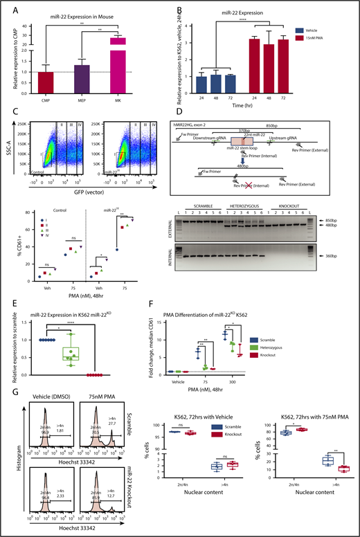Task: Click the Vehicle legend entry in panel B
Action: pos(325,30)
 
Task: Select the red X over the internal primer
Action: pos(264,197)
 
